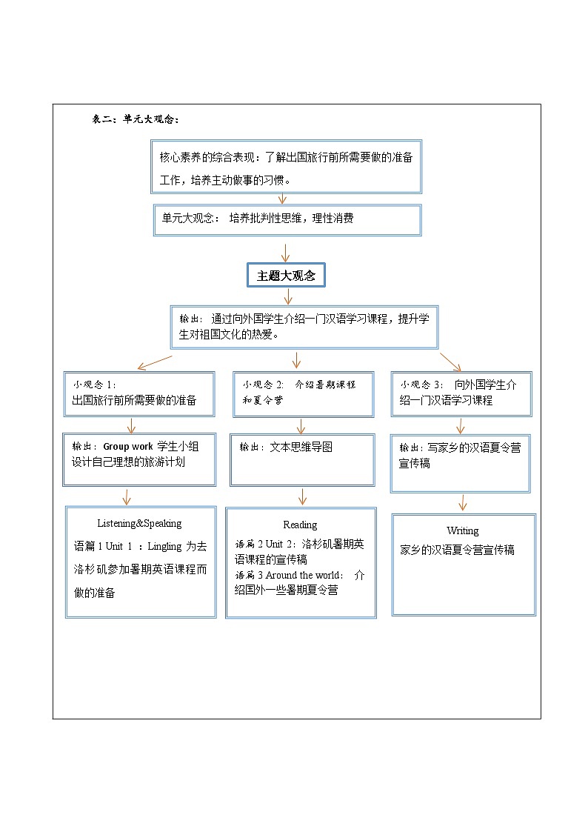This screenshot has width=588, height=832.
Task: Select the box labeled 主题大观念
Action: tap(286, 276)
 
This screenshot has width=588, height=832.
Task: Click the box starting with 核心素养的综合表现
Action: tap(286, 167)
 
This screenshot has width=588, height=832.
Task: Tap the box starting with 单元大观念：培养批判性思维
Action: tap(287, 219)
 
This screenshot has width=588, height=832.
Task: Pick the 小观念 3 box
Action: tap(461, 393)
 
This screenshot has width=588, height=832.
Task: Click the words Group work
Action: tap(127, 447)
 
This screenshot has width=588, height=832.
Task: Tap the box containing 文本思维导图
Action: tap(301, 459)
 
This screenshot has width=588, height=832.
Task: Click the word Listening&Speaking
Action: tap(139, 523)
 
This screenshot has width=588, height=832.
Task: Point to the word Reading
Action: tap(300, 525)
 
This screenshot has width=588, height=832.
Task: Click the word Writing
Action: tap(462, 530)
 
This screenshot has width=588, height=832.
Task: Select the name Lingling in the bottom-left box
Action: tap(164, 547)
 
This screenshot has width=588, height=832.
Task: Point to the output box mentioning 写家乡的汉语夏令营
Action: tap(461, 463)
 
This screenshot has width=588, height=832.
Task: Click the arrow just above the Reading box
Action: tap(301, 496)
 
